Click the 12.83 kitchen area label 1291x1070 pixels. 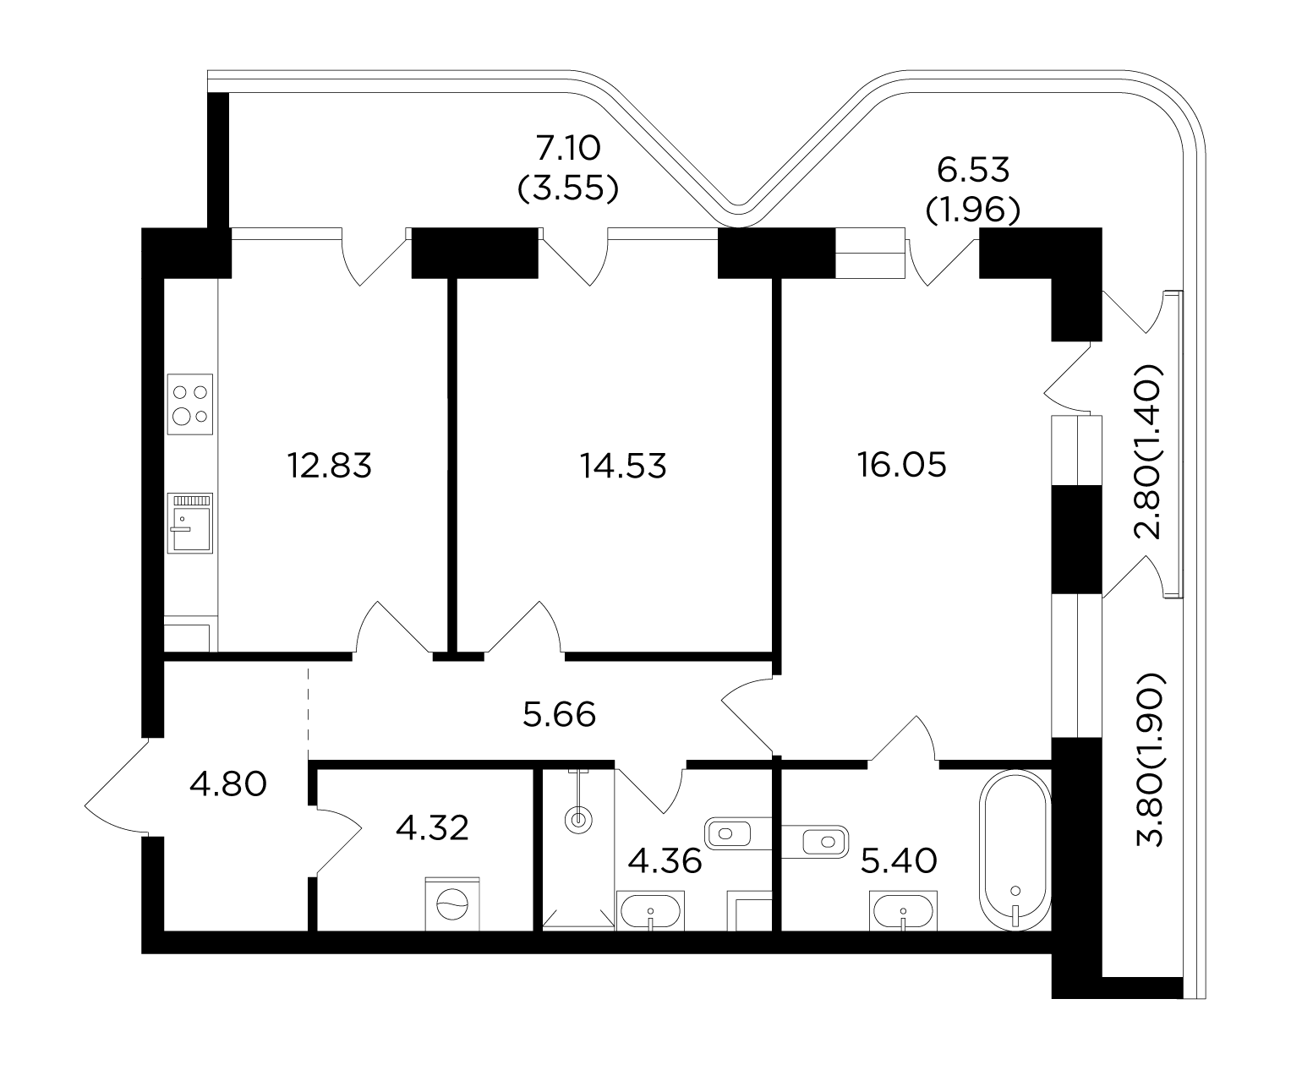coord(330,466)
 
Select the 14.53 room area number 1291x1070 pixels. coord(623,466)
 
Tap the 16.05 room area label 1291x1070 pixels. coord(901,465)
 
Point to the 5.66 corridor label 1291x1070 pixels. coord(560,714)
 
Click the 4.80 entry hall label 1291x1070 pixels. coord(228,784)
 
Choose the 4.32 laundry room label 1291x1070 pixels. coord(432,828)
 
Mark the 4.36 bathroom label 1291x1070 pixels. coord(665,861)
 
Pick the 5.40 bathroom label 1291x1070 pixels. coord(899,861)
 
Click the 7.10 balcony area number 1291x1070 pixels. coord(568,149)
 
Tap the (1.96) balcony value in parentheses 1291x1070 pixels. coord(972,210)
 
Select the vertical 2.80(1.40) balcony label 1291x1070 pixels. coord(1150,452)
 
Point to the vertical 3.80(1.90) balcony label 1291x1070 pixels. coord(1150,760)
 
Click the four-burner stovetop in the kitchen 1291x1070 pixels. coord(190,404)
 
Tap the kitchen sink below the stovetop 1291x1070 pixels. coord(190,523)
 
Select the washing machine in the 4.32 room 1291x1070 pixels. coord(452,903)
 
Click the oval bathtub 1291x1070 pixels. coord(1015,849)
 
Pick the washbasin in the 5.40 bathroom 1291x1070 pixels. coord(903,910)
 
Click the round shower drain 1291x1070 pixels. coord(578,821)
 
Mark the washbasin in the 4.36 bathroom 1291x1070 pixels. coord(650,910)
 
